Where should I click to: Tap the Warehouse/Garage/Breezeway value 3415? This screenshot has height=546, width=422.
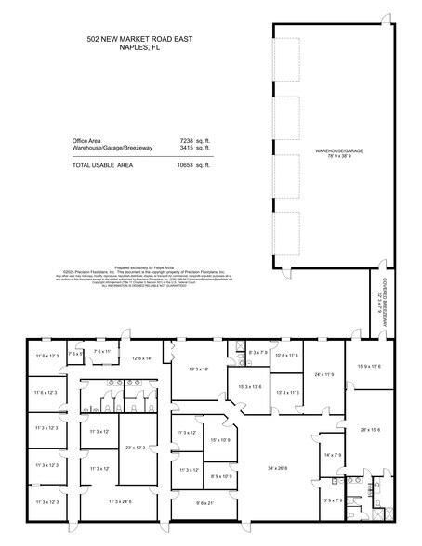tap(189, 147)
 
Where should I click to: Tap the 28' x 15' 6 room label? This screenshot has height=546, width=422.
tap(371, 429)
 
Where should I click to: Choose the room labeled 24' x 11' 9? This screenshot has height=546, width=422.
tap(325, 375)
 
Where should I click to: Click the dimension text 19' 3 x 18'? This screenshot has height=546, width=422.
tap(198, 370)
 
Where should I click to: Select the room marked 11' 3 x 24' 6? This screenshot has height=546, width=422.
tap(125, 502)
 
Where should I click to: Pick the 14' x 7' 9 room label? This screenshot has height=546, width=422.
tap(333, 454)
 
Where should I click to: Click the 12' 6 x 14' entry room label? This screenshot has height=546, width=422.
tap(141, 357)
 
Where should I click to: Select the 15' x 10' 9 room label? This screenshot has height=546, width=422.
tap(219, 439)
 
